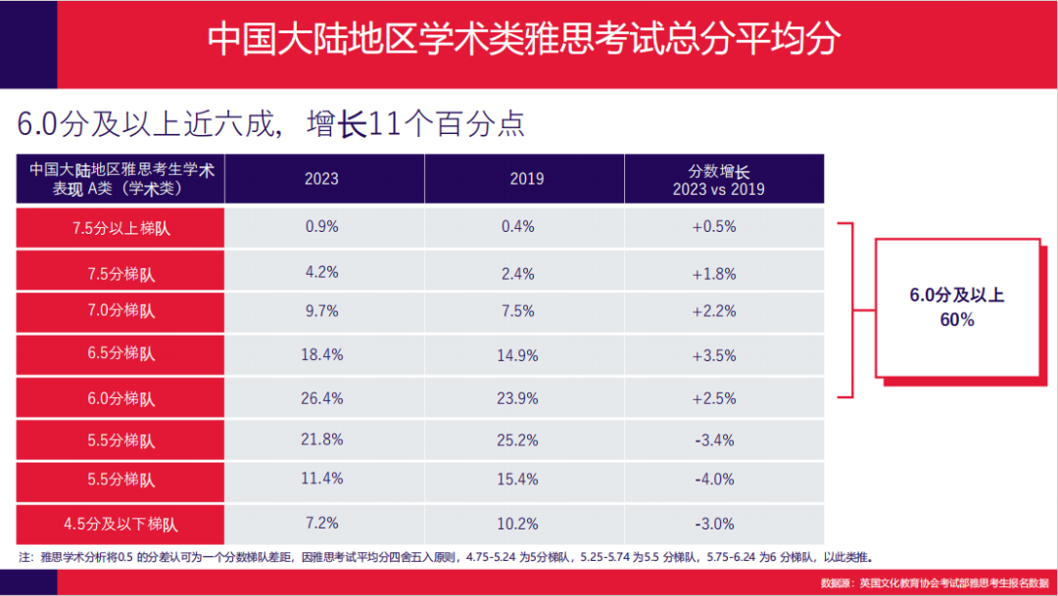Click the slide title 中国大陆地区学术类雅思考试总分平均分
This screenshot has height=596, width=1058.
pos(524,39)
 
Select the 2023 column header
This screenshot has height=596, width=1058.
pos(321,178)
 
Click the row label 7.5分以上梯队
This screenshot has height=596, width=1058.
pos(120,227)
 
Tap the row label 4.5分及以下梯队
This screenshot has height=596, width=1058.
pos(120,525)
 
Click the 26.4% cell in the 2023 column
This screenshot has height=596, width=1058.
pos(321,397)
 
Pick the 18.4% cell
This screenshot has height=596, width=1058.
pos(321,354)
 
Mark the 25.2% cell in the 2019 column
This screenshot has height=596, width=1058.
pos(518,440)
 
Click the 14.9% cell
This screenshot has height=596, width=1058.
pos(518,355)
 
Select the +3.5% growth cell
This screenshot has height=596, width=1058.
pos(714,355)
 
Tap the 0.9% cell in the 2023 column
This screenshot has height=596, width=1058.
pos(321,226)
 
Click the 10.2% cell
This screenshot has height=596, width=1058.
pos(518,525)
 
